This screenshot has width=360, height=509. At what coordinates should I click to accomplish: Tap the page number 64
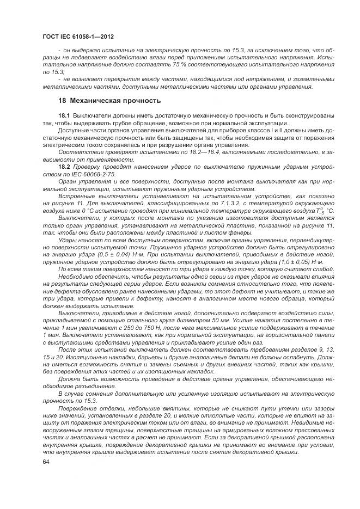tap(46, 462)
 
